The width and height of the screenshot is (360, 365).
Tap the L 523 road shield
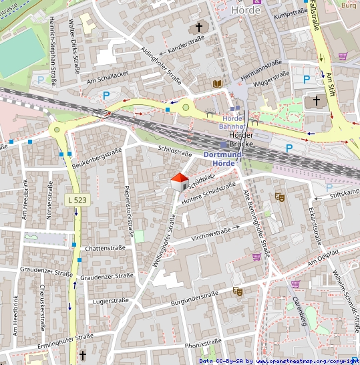[x=76, y=199]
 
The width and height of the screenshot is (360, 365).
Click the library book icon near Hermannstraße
[x=216, y=84]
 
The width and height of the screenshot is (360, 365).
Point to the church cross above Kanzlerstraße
[x=198, y=27]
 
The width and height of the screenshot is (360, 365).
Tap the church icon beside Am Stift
[x=316, y=101]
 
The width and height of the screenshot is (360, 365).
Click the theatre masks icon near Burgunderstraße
[x=238, y=291]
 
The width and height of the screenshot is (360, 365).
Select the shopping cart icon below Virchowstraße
[x=256, y=256]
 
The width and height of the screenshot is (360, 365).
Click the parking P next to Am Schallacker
[x=106, y=96]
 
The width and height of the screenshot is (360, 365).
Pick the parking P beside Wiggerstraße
[x=307, y=79]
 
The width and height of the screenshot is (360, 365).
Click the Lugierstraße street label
[x=111, y=301]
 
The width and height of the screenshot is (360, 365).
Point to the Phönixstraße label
[x=202, y=345]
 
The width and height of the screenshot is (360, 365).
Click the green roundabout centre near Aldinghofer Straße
[x=186, y=106]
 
